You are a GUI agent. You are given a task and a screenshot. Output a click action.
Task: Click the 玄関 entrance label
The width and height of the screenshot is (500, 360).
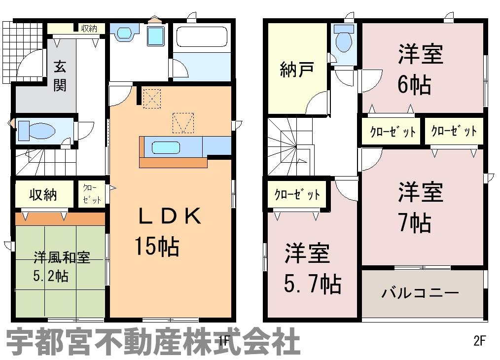[60, 76]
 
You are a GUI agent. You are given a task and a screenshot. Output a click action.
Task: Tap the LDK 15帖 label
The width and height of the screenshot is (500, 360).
[168, 231]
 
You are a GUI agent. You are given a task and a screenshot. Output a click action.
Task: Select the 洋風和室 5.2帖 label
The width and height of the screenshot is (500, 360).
[62, 267]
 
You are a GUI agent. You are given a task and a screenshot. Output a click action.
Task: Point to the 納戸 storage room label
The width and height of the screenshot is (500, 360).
[296, 69]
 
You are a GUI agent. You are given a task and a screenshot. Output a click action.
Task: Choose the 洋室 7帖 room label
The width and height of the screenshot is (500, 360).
[420, 207]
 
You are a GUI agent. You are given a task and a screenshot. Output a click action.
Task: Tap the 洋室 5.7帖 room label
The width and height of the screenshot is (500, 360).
[313, 268]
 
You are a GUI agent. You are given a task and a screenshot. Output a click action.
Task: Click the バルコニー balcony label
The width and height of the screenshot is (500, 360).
[420, 292]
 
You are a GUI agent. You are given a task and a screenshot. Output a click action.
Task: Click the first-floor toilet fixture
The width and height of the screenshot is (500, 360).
[36, 130]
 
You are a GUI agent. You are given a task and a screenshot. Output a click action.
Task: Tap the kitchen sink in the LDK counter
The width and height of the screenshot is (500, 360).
[166, 147]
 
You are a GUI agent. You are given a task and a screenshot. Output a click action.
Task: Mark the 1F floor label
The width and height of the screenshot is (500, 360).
[224, 341]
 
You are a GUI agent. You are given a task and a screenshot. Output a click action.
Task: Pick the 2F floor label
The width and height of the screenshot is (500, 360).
[479, 341]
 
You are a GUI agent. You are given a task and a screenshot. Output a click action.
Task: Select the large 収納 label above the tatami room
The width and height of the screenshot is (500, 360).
[43, 194]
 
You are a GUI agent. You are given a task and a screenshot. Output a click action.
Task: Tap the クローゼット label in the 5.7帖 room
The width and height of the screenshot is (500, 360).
[297, 194]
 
